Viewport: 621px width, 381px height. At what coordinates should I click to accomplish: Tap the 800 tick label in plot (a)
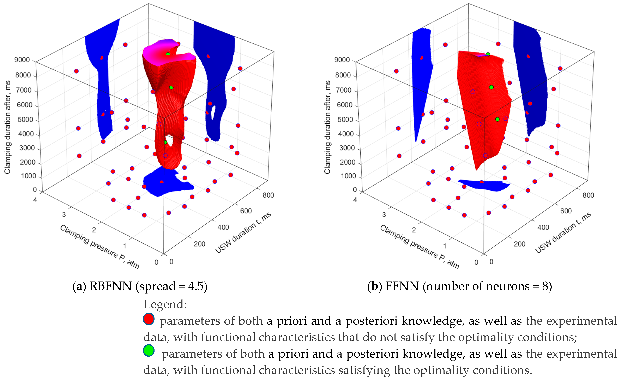tap(268, 195)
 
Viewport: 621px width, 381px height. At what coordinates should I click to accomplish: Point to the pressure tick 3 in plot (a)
tap(64, 215)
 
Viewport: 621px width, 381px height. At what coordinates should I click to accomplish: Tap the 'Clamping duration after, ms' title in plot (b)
tap(327, 127)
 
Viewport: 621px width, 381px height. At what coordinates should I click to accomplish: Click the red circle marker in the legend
tap(149, 319)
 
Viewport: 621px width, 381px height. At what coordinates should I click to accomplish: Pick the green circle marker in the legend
tap(149, 351)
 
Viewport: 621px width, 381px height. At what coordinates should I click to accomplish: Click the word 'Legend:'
tap(165, 304)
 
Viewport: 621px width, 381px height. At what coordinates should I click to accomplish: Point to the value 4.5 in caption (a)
tap(196, 286)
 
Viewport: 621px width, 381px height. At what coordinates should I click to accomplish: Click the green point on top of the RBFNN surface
tap(168, 54)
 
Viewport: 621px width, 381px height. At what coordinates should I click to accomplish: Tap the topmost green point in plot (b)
tap(488, 54)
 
